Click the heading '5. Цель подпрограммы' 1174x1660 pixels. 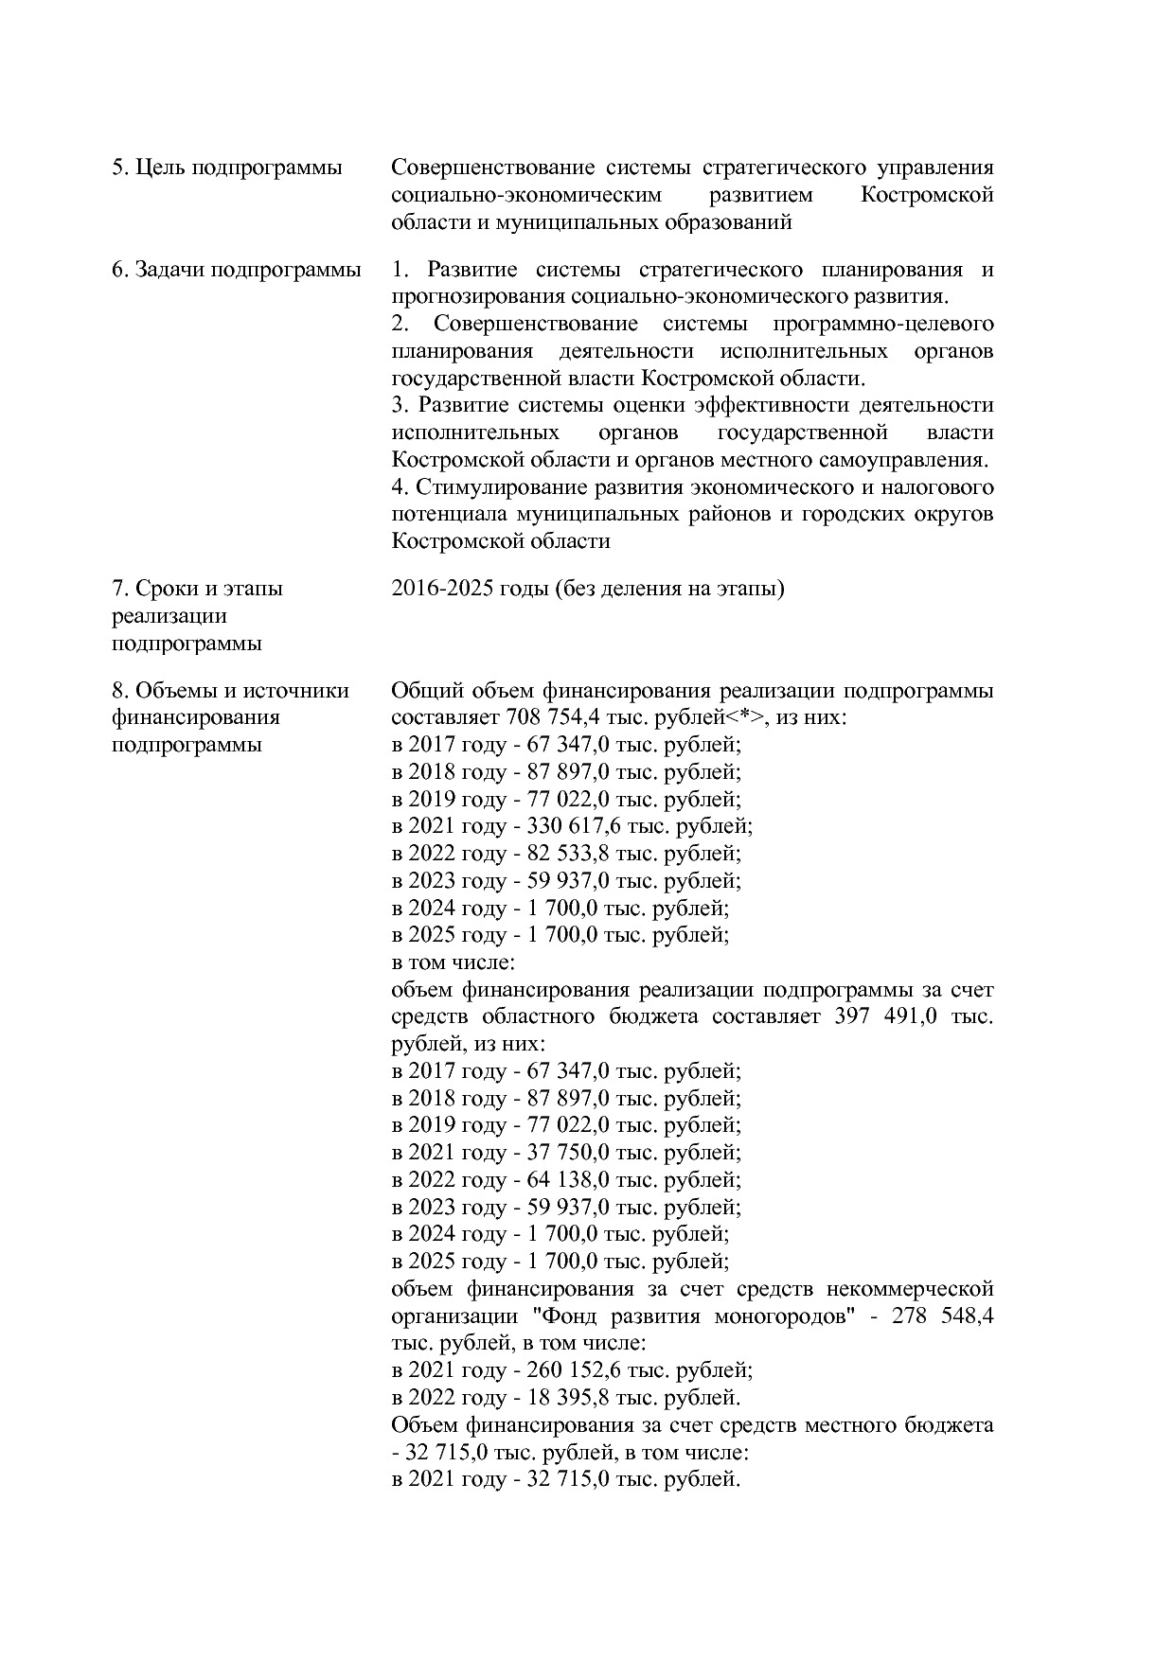[x=226, y=168]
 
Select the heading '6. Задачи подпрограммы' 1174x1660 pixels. [x=236, y=270]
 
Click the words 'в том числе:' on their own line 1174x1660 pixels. [x=453, y=962]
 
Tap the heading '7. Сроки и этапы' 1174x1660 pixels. [x=197, y=589]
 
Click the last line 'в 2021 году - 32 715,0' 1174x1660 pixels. [x=564, y=1479]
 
